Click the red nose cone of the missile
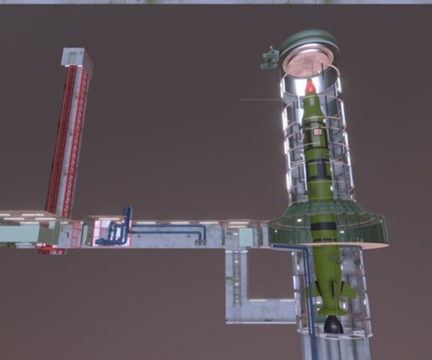coord(310,88)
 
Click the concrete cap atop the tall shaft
coord(76,57)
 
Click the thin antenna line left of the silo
coord(259,99)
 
